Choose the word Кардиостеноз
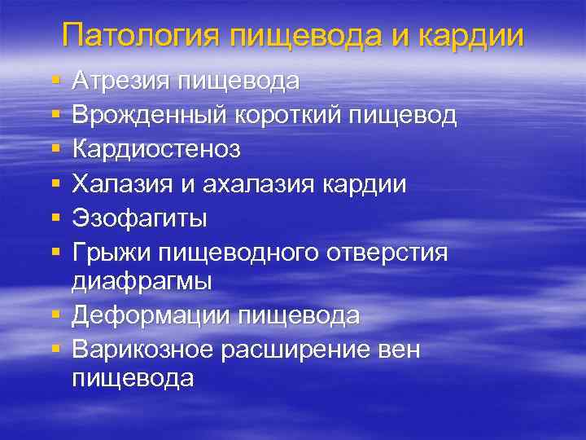point(155,150)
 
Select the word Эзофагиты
point(139,219)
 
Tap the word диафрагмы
point(142,281)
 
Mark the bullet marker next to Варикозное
point(55,350)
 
